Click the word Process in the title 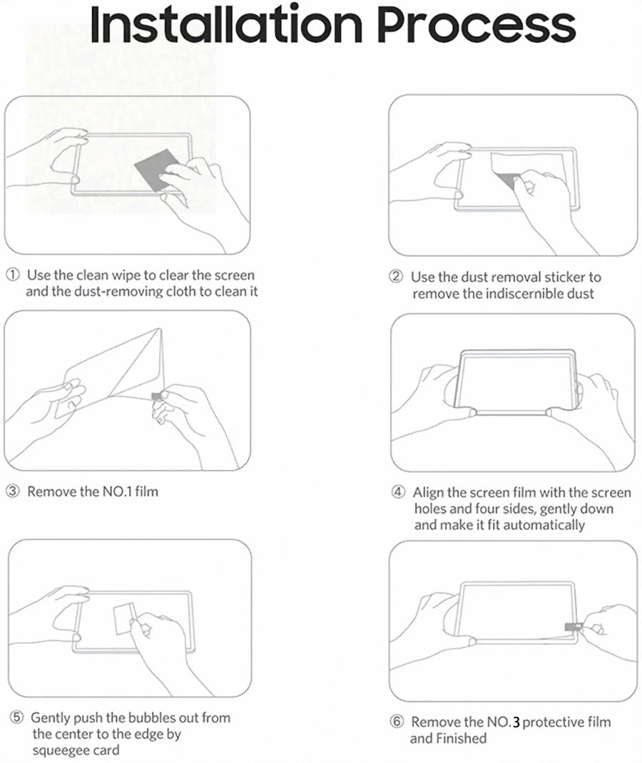tap(477, 25)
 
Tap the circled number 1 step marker tap(14, 275)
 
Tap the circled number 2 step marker tap(397, 277)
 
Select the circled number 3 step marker tap(14, 491)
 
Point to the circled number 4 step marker tap(398, 493)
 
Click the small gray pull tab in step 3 tap(157, 396)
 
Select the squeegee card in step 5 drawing tap(126, 614)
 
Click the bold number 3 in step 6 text tap(516, 722)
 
